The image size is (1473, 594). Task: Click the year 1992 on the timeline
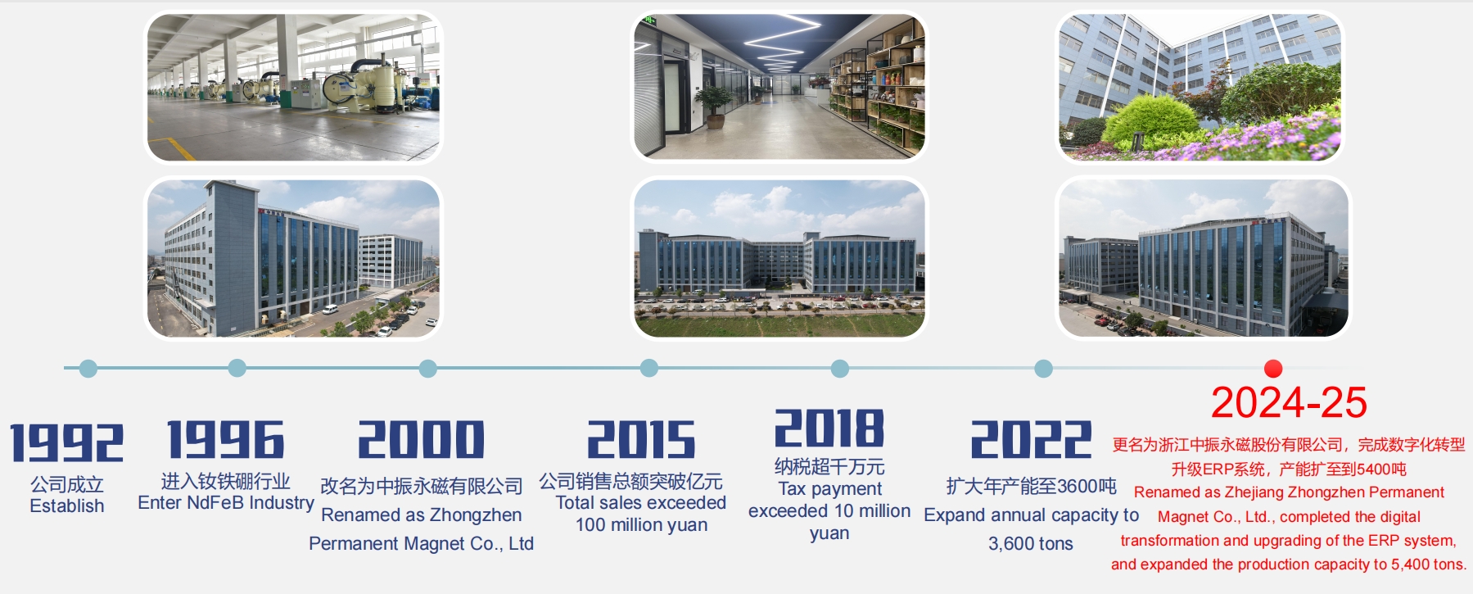coord(66,442)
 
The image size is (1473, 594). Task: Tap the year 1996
coord(226,439)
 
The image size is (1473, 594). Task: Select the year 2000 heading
coord(421,439)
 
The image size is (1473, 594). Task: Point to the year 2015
coord(641,439)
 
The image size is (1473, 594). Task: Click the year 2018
coord(829,428)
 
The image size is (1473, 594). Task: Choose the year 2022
coord(1031,439)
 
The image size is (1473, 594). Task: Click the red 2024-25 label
coord(1289,402)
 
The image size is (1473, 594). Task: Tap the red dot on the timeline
coord(1272,369)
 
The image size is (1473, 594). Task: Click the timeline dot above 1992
coord(88,369)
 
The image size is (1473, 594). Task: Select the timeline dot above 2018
coord(839,369)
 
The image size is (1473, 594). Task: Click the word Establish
coord(67,506)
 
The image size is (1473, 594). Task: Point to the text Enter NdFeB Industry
coord(226,502)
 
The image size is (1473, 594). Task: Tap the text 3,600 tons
coord(1031,544)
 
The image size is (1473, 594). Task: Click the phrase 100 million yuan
coord(641,525)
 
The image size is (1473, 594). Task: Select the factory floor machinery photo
coord(293,87)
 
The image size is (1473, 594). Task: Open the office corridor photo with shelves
coord(779,86)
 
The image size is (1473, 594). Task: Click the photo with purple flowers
coord(1200,86)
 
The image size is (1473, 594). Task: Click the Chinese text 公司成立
coord(67,484)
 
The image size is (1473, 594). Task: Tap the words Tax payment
coord(829,489)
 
